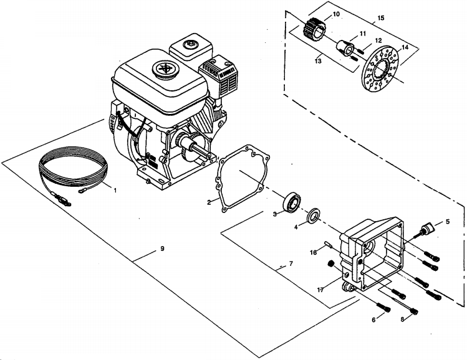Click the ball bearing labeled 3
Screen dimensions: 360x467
pyautogui.click(x=292, y=202)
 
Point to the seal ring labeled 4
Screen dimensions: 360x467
pyautogui.click(x=315, y=216)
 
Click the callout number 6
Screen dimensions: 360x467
pyautogui.click(x=373, y=319)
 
